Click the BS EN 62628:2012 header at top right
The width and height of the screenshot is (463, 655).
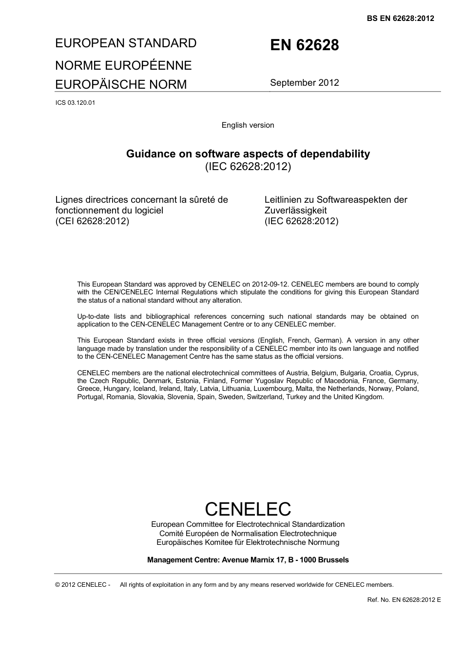pos(400,19)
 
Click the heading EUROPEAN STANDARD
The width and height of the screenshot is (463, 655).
pos(126,43)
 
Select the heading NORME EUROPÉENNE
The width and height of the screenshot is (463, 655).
pos(123,65)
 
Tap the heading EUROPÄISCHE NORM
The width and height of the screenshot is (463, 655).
pos(121,84)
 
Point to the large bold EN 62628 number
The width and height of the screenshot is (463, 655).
pos(304,45)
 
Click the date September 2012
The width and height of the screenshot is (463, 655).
pos(304,82)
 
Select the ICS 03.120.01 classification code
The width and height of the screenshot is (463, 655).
pos(75,103)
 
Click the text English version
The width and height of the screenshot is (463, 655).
pos(248,125)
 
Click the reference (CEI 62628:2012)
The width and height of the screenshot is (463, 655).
pos(92,221)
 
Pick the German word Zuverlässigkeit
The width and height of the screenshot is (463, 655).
pos(295,211)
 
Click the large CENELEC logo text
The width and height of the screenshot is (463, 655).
pos(248,509)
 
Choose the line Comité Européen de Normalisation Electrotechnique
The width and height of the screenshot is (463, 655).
pos(248,533)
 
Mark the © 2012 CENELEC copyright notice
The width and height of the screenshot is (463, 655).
pos(83,585)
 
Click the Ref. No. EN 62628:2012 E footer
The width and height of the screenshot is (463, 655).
pos(404,599)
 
